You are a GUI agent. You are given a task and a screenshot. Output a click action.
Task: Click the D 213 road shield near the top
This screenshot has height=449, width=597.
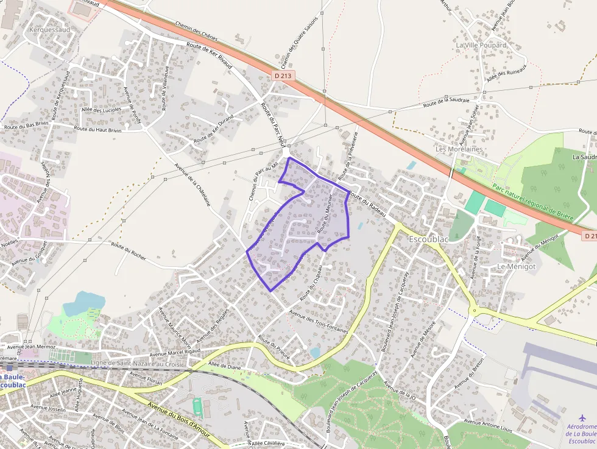(x=283, y=76)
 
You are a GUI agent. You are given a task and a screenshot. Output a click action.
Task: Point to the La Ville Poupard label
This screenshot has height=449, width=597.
(x=481, y=45)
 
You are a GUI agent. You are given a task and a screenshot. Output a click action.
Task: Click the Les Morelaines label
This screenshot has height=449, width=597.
(x=459, y=149)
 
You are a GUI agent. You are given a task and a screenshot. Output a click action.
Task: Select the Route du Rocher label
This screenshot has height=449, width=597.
(x=129, y=250)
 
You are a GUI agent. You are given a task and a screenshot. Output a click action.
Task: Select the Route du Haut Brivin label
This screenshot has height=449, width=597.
(x=97, y=129)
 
